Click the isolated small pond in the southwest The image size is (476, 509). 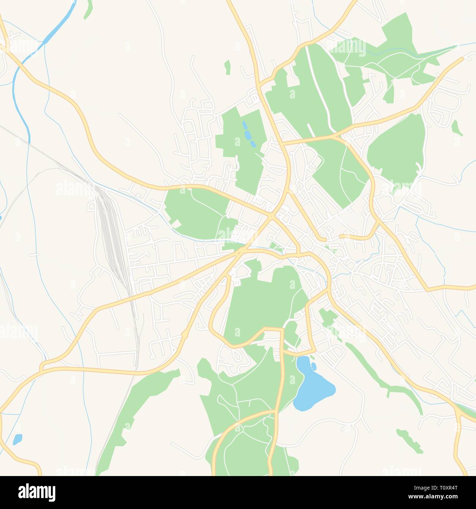pyautogui.click(x=17, y=439)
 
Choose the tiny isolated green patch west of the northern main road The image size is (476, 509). pyautogui.click(x=228, y=67)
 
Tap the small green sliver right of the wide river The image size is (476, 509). pyautogui.click(x=88, y=10)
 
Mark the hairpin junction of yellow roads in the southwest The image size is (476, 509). pyautogui.click(x=42, y=366)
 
